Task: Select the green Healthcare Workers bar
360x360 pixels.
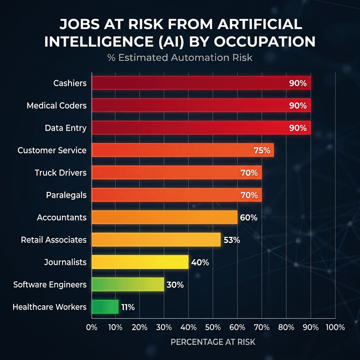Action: click(x=105, y=307)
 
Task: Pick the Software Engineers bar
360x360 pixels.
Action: click(x=127, y=285)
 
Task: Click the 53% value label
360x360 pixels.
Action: click(x=231, y=240)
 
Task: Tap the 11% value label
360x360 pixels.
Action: click(x=128, y=307)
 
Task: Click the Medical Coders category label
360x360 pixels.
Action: click(x=56, y=106)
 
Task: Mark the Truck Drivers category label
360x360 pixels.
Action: click(x=60, y=173)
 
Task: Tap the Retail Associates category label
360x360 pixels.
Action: click(x=53, y=240)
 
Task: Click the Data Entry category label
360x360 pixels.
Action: click(x=65, y=128)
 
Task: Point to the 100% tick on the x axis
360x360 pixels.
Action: click(x=335, y=327)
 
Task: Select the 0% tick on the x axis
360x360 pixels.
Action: click(x=91, y=327)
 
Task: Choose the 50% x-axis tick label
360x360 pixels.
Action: click(x=213, y=327)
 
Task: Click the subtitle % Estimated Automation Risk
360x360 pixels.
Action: click(x=179, y=57)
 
